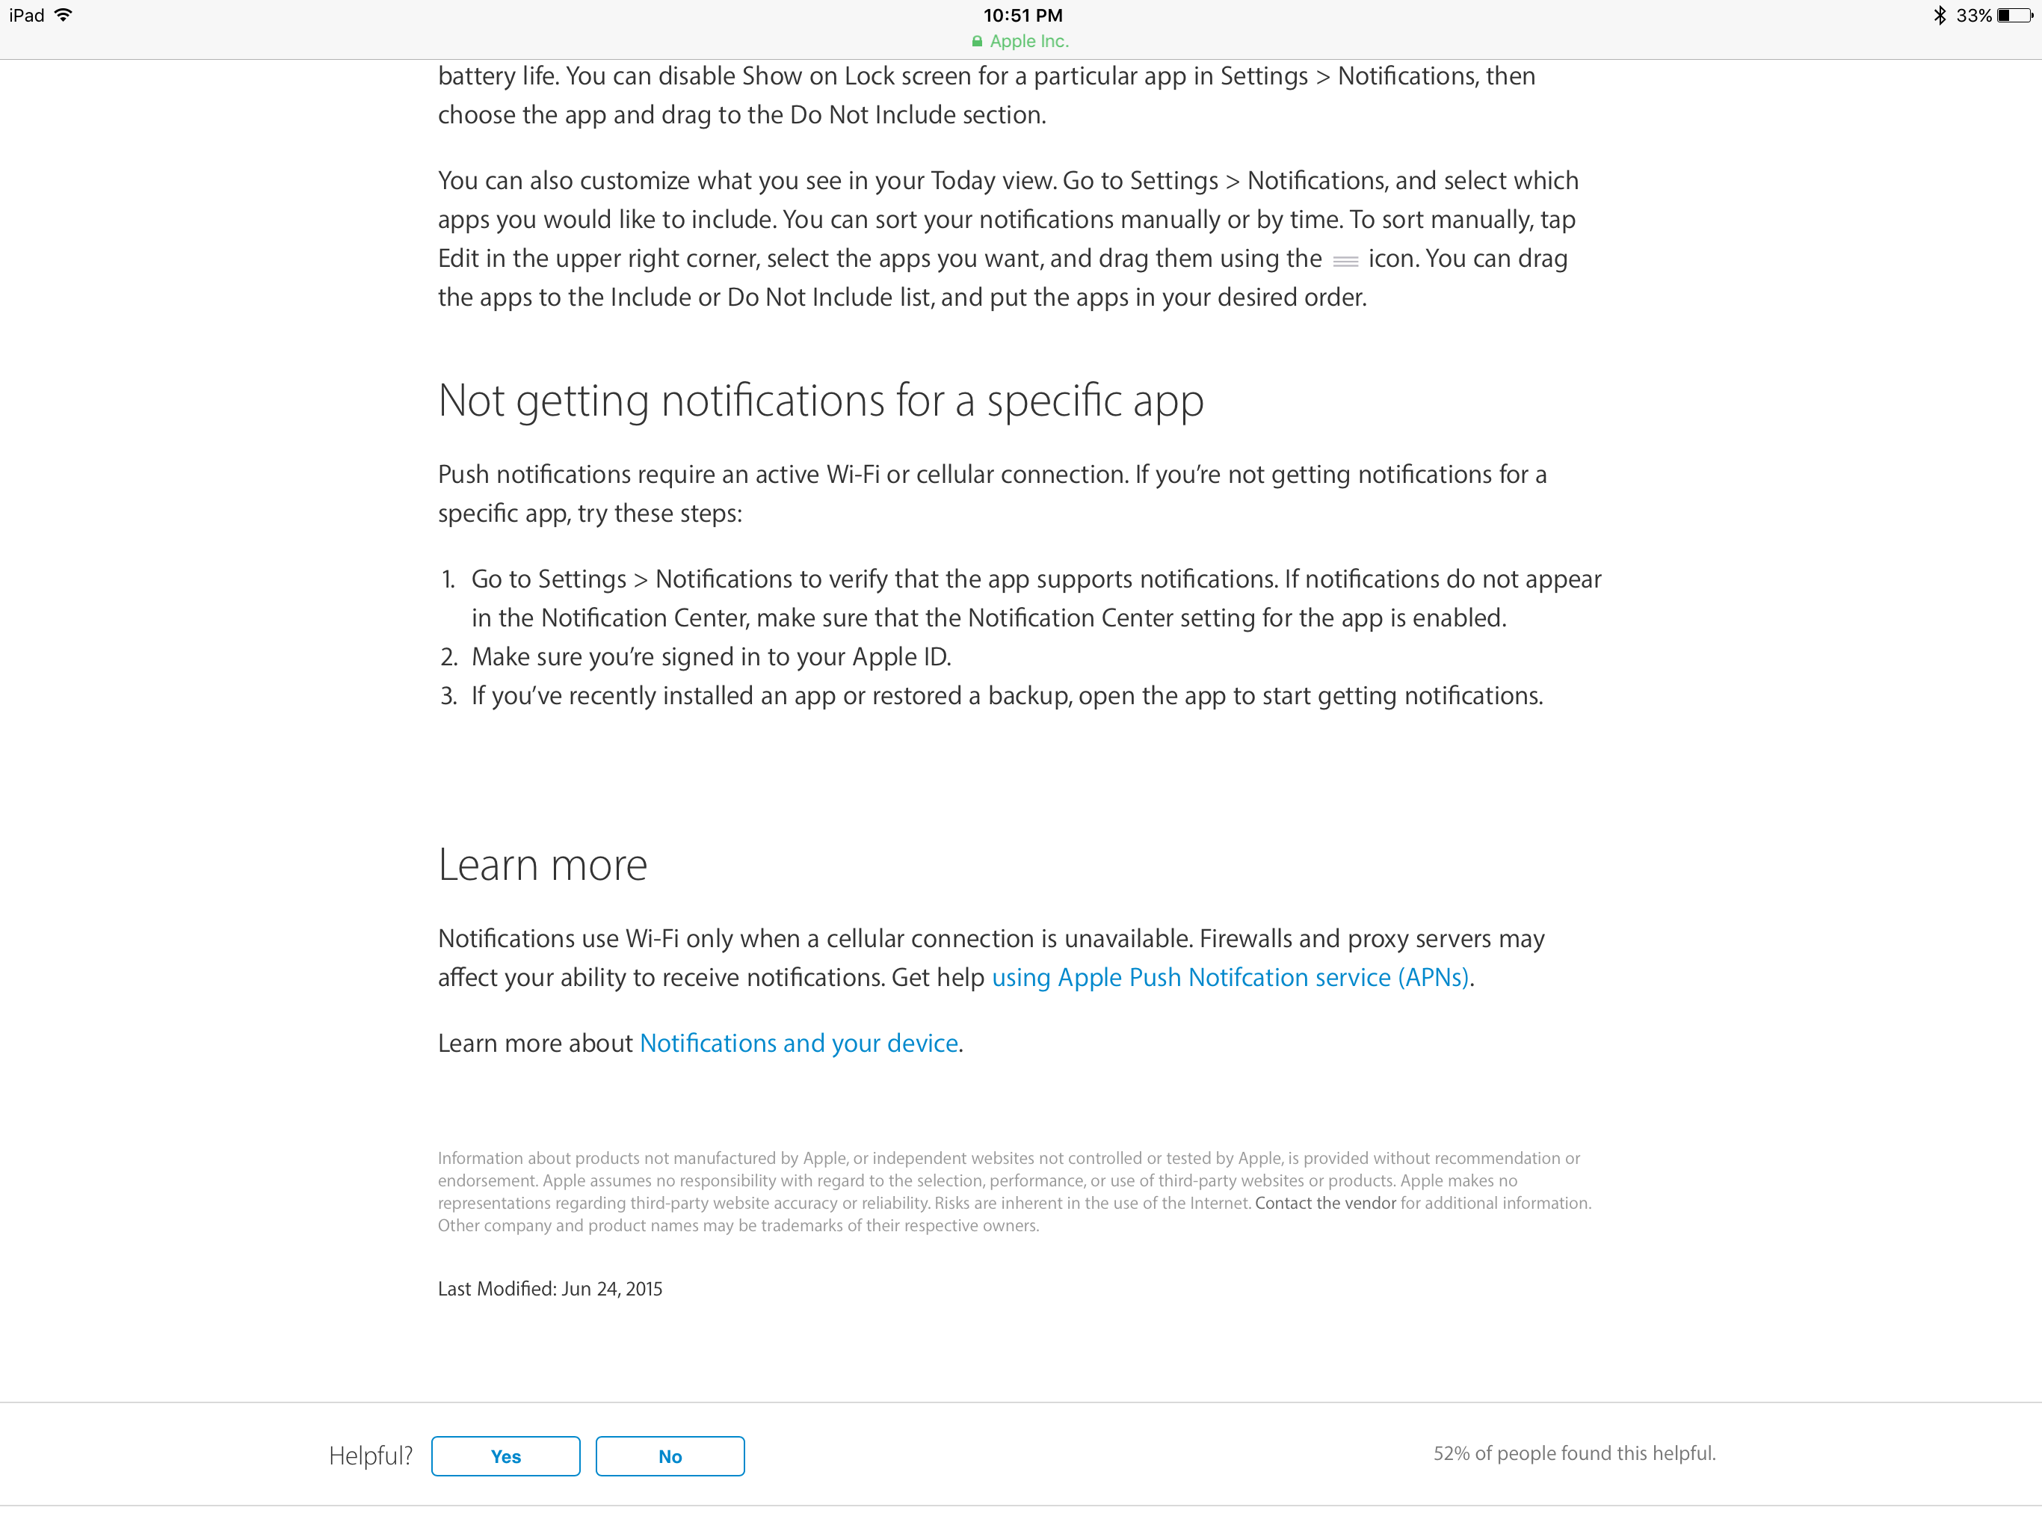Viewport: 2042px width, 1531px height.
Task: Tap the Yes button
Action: (x=505, y=1456)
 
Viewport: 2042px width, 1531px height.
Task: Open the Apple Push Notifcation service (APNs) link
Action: (x=1230, y=977)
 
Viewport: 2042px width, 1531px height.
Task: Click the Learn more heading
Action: (x=543, y=865)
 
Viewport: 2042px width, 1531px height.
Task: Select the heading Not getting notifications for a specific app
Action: (x=821, y=401)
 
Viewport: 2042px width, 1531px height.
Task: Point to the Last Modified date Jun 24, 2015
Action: (x=611, y=1288)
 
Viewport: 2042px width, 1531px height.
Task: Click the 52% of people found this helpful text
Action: (x=1574, y=1453)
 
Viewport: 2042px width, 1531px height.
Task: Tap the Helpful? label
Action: (x=370, y=1456)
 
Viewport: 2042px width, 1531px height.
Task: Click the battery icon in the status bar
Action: (x=2014, y=16)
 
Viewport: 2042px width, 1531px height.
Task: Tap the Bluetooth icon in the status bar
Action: (x=1940, y=16)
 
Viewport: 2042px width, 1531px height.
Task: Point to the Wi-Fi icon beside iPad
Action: (x=64, y=16)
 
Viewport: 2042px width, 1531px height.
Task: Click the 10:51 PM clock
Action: (x=1022, y=16)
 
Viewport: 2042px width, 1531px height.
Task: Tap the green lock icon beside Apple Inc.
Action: (x=977, y=42)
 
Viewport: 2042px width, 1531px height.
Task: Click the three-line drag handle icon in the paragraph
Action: (x=1345, y=262)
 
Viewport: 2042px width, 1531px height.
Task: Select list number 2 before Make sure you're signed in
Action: (x=448, y=656)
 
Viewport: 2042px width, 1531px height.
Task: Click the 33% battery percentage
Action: (x=1974, y=16)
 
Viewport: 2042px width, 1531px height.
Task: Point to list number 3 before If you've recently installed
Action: (x=448, y=695)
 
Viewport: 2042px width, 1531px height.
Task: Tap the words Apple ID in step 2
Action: (x=899, y=656)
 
